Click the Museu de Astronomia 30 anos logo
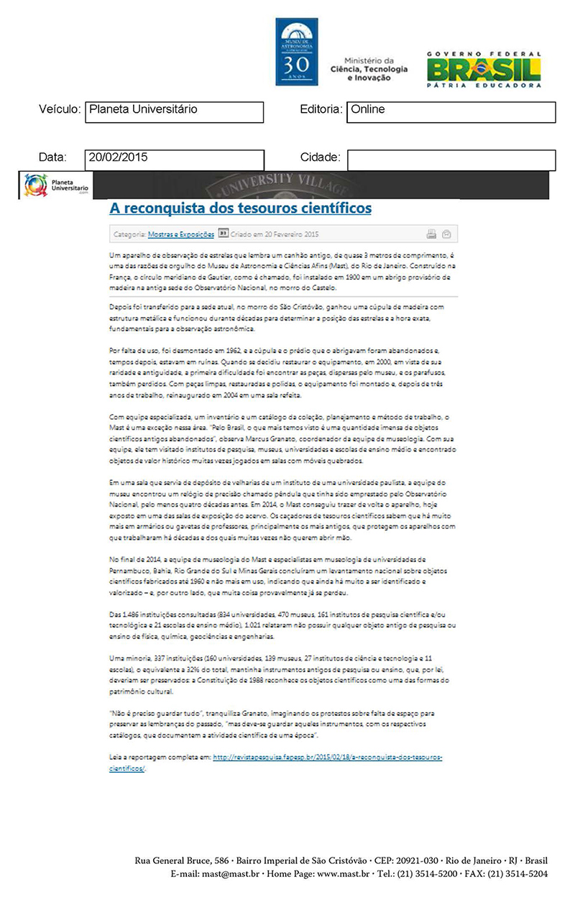296,52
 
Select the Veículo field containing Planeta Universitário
174,112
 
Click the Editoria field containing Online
451,112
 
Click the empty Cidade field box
451,160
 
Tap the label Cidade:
321,157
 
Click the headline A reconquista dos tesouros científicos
240,208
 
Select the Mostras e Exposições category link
181,234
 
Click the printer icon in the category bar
431,234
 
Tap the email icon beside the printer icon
446,234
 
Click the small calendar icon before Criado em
223,234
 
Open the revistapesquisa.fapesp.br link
327,757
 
